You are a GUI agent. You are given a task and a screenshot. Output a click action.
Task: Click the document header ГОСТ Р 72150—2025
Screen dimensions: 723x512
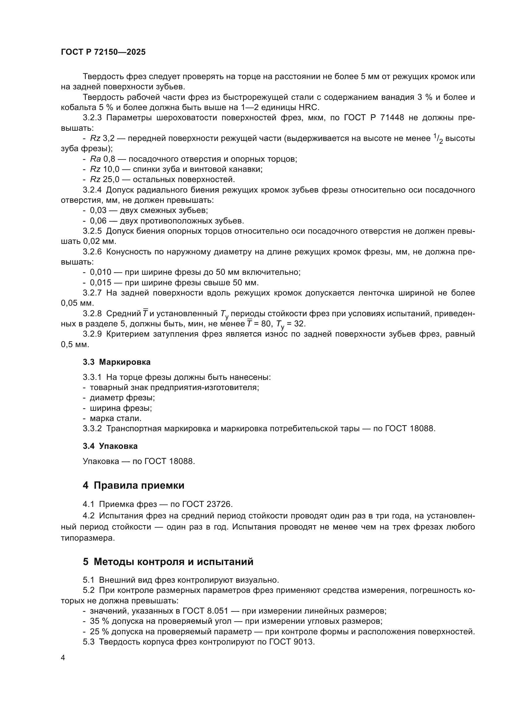coord(103,52)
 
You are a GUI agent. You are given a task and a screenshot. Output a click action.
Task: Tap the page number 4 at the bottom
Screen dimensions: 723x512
coord(63,658)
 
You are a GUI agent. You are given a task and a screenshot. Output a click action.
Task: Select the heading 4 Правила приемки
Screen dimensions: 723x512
coord(133,485)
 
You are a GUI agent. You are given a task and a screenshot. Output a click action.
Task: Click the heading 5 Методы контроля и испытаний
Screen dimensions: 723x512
coord(168,561)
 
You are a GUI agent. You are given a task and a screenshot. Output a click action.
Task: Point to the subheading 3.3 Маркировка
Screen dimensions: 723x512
coord(117,362)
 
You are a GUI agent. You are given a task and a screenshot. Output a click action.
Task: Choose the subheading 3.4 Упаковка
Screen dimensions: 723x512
coord(110,446)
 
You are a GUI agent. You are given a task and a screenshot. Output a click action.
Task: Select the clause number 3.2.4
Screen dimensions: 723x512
coord(92,190)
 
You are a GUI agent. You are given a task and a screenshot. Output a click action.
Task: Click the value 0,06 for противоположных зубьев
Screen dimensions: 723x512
coord(98,221)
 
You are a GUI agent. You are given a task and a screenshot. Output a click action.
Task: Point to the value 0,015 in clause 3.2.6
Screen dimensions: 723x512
coord(101,283)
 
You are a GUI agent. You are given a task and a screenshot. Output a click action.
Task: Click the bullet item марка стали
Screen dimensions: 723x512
coord(115,418)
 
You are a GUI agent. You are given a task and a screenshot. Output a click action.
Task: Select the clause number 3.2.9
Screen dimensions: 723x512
coord(92,334)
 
